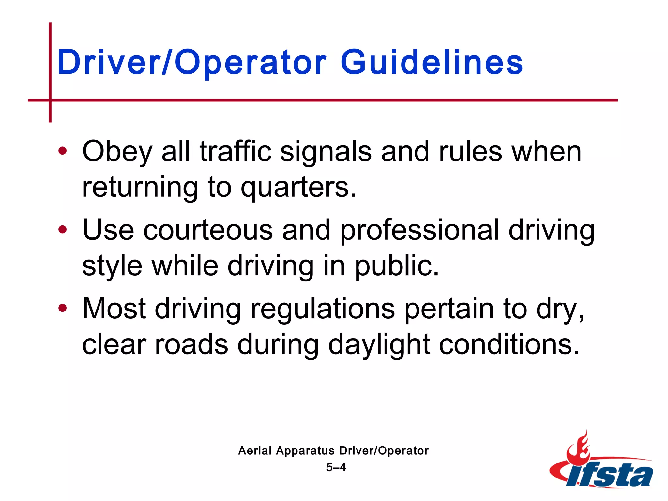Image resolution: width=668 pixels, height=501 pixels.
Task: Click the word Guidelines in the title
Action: pos(432,62)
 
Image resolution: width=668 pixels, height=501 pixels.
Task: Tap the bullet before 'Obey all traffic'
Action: pos(62,151)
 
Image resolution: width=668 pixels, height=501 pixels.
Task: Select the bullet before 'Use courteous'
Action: pos(62,230)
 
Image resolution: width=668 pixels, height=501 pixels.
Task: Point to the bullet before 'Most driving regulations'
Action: pos(62,308)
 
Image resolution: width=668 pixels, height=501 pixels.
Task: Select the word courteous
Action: pos(208,230)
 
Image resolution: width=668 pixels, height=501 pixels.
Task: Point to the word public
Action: pos(397,266)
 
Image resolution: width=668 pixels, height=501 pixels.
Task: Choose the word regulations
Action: pos(323,309)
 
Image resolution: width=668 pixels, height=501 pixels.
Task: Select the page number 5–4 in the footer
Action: pos(336,467)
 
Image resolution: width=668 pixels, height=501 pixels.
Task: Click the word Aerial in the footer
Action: pos(255,451)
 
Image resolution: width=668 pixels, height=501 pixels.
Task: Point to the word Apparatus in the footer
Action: pos(305,451)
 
